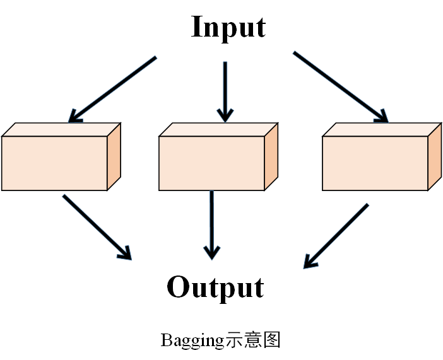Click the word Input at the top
(x=228, y=28)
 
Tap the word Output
(x=215, y=287)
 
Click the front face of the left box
(x=54, y=163)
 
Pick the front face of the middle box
(x=211, y=163)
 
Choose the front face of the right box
(x=375, y=163)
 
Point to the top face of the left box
(x=62, y=129)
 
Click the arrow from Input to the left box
(x=112, y=89)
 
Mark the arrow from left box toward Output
(x=97, y=227)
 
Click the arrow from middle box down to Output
(x=212, y=224)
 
